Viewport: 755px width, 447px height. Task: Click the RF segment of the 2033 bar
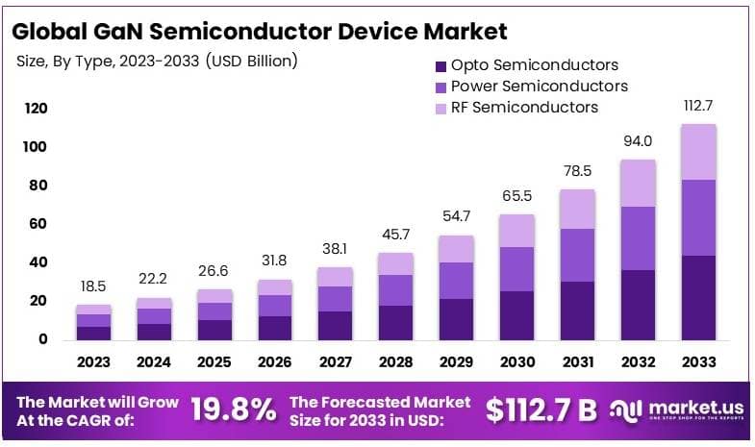point(711,152)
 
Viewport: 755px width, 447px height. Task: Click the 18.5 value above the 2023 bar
point(93,287)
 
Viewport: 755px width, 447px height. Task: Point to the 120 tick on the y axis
point(36,108)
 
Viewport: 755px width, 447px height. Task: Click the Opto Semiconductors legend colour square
point(440,66)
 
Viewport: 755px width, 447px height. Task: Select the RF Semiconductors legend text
point(524,107)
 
